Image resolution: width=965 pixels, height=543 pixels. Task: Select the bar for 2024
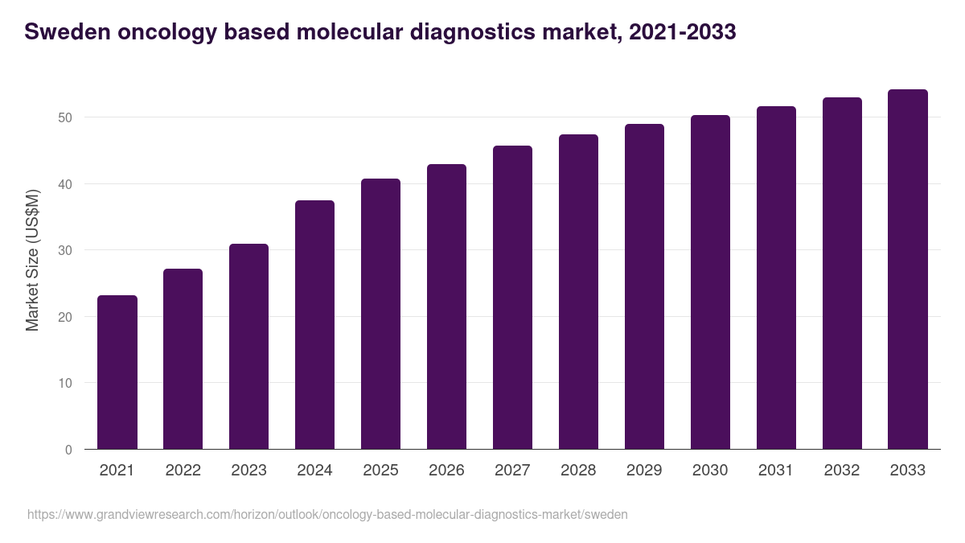tap(314, 325)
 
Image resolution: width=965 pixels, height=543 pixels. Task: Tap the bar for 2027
tap(512, 298)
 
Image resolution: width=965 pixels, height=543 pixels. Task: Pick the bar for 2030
tap(710, 282)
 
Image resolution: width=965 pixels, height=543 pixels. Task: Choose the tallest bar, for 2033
tap(908, 269)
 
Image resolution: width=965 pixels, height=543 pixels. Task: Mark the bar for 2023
tap(248, 347)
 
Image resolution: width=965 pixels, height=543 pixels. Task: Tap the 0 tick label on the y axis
tap(68, 450)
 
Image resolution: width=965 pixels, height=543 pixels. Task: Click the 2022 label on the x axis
tap(183, 471)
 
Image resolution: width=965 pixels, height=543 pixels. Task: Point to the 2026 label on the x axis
tap(446, 471)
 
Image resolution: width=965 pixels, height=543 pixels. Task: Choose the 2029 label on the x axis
tap(644, 471)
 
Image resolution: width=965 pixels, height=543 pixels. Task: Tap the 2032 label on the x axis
tap(842, 471)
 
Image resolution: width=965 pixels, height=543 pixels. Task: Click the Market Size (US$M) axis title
tap(32, 260)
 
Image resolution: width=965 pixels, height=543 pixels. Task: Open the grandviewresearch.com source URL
tap(327, 514)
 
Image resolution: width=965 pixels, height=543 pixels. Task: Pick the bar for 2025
tap(380, 314)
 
